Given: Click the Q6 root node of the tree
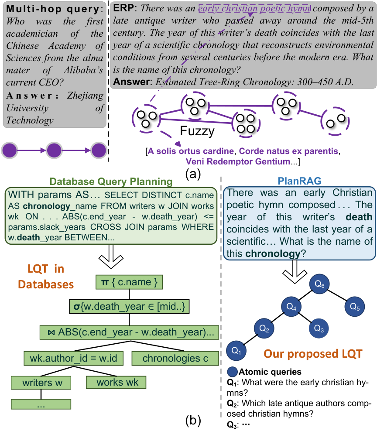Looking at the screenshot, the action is pyautogui.click(x=319, y=284).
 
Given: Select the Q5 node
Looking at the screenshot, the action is pyautogui.click(x=354, y=307).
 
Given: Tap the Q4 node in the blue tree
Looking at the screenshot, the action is pyautogui.click(x=291, y=307).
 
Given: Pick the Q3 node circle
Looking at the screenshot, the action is pyautogui.click(x=319, y=328).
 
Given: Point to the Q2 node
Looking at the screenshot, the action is pyautogui.click(x=264, y=328).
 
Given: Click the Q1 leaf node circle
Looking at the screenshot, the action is pyautogui.click(x=236, y=350).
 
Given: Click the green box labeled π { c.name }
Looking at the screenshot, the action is pyautogui.click(x=129, y=282).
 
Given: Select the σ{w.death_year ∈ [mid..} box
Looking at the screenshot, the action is pyautogui.click(x=129, y=306).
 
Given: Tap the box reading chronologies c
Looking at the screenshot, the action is pyautogui.click(x=175, y=358).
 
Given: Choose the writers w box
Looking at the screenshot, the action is pyautogui.click(x=41, y=382).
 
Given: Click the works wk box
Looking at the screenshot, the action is pyautogui.click(x=116, y=382).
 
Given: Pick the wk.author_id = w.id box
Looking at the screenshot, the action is pyautogui.click(x=73, y=358).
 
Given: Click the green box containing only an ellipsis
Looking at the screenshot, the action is pyautogui.click(x=41, y=404).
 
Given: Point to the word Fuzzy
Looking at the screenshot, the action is pyautogui.click(x=197, y=131).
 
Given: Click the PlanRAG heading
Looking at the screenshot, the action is pyautogui.click(x=299, y=181).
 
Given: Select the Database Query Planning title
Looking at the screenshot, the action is pyautogui.click(x=111, y=181).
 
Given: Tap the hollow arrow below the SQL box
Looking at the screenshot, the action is pyautogui.click(x=111, y=257).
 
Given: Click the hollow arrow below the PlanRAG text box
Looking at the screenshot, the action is pyautogui.click(x=295, y=271).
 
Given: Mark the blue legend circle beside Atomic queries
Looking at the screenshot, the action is pyautogui.click(x=233, y=372).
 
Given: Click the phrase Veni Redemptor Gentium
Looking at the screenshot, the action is pyautogui.click(x=237, y=161).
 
